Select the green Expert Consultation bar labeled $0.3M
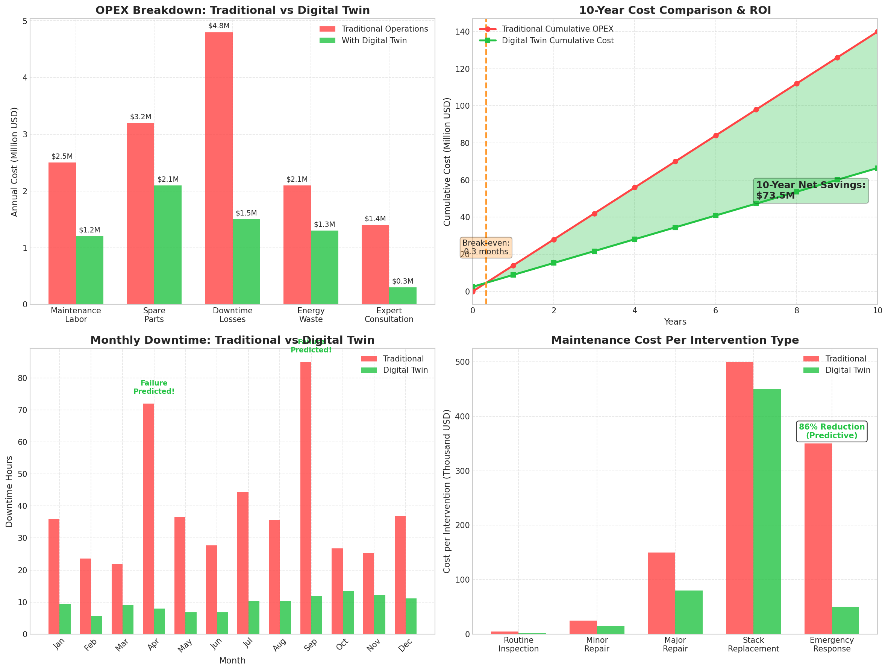(402, 296)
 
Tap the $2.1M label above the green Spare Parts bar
(168, 179)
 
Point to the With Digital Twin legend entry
(373, 41)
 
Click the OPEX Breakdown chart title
(232, 11)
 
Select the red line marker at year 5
(675, 161)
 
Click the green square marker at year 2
(554, 263)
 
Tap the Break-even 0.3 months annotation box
(486, 247)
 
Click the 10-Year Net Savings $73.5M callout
(811, 190)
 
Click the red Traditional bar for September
(306, 498)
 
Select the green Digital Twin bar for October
(348, 612)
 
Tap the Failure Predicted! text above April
(154, 387)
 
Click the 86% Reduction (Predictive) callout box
(831, 431)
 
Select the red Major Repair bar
(661, 593)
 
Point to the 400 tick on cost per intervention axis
(462, 416)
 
